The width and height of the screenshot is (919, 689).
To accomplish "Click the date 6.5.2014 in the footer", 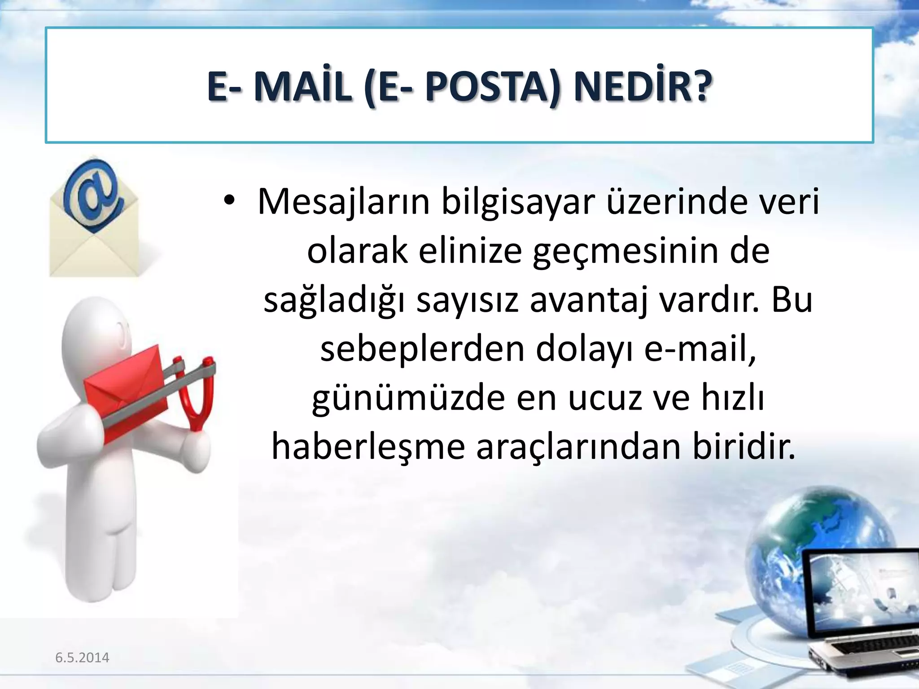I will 82,658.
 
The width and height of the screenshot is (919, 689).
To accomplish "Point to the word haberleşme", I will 368,447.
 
